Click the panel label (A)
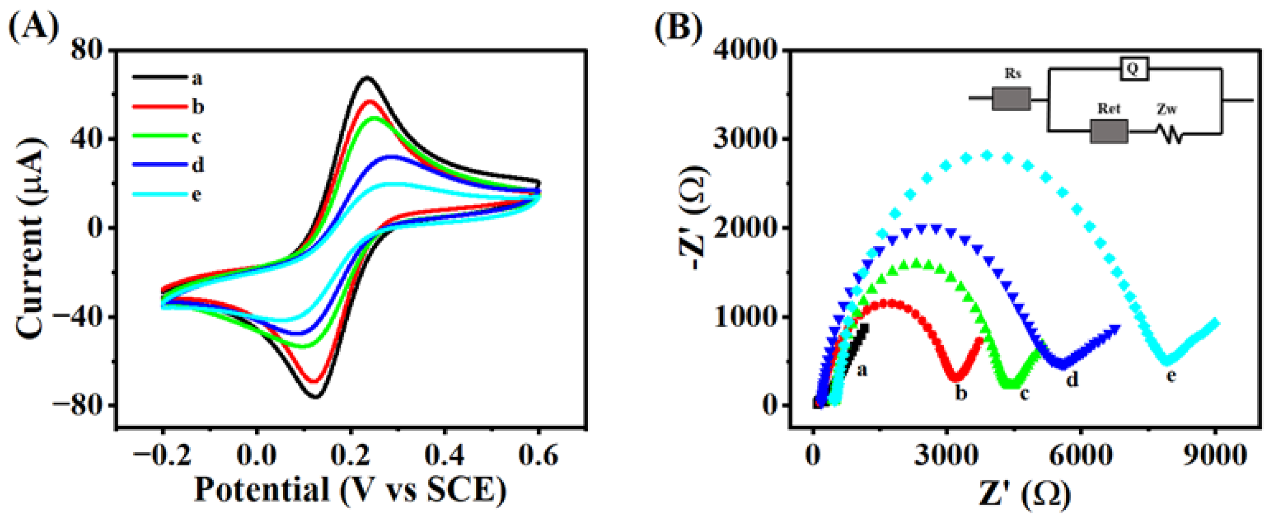[x=34, y=27]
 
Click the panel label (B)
[x=678, y=27]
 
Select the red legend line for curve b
[x=160, y=107]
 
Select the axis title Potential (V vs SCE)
[x=351, y=490]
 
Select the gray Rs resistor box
[x=1011, y=99]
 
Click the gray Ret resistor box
[x=1109, y=132]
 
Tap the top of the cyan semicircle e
[x=987, y=155]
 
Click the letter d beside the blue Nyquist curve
[x=1072, y=379]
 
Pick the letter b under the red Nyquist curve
[x=961, y=393]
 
